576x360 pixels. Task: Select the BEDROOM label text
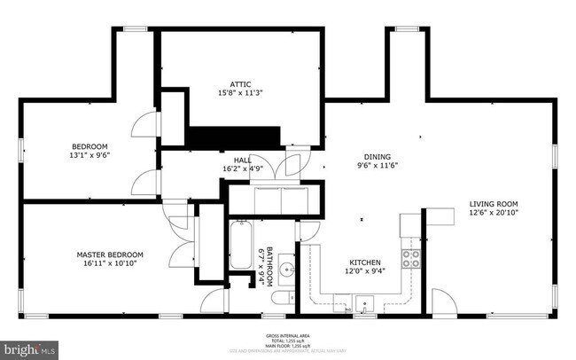90,146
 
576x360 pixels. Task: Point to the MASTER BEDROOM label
110,254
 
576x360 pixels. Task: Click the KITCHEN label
364,262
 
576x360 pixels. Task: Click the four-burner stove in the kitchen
411,258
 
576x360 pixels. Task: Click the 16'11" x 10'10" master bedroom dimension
110,264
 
